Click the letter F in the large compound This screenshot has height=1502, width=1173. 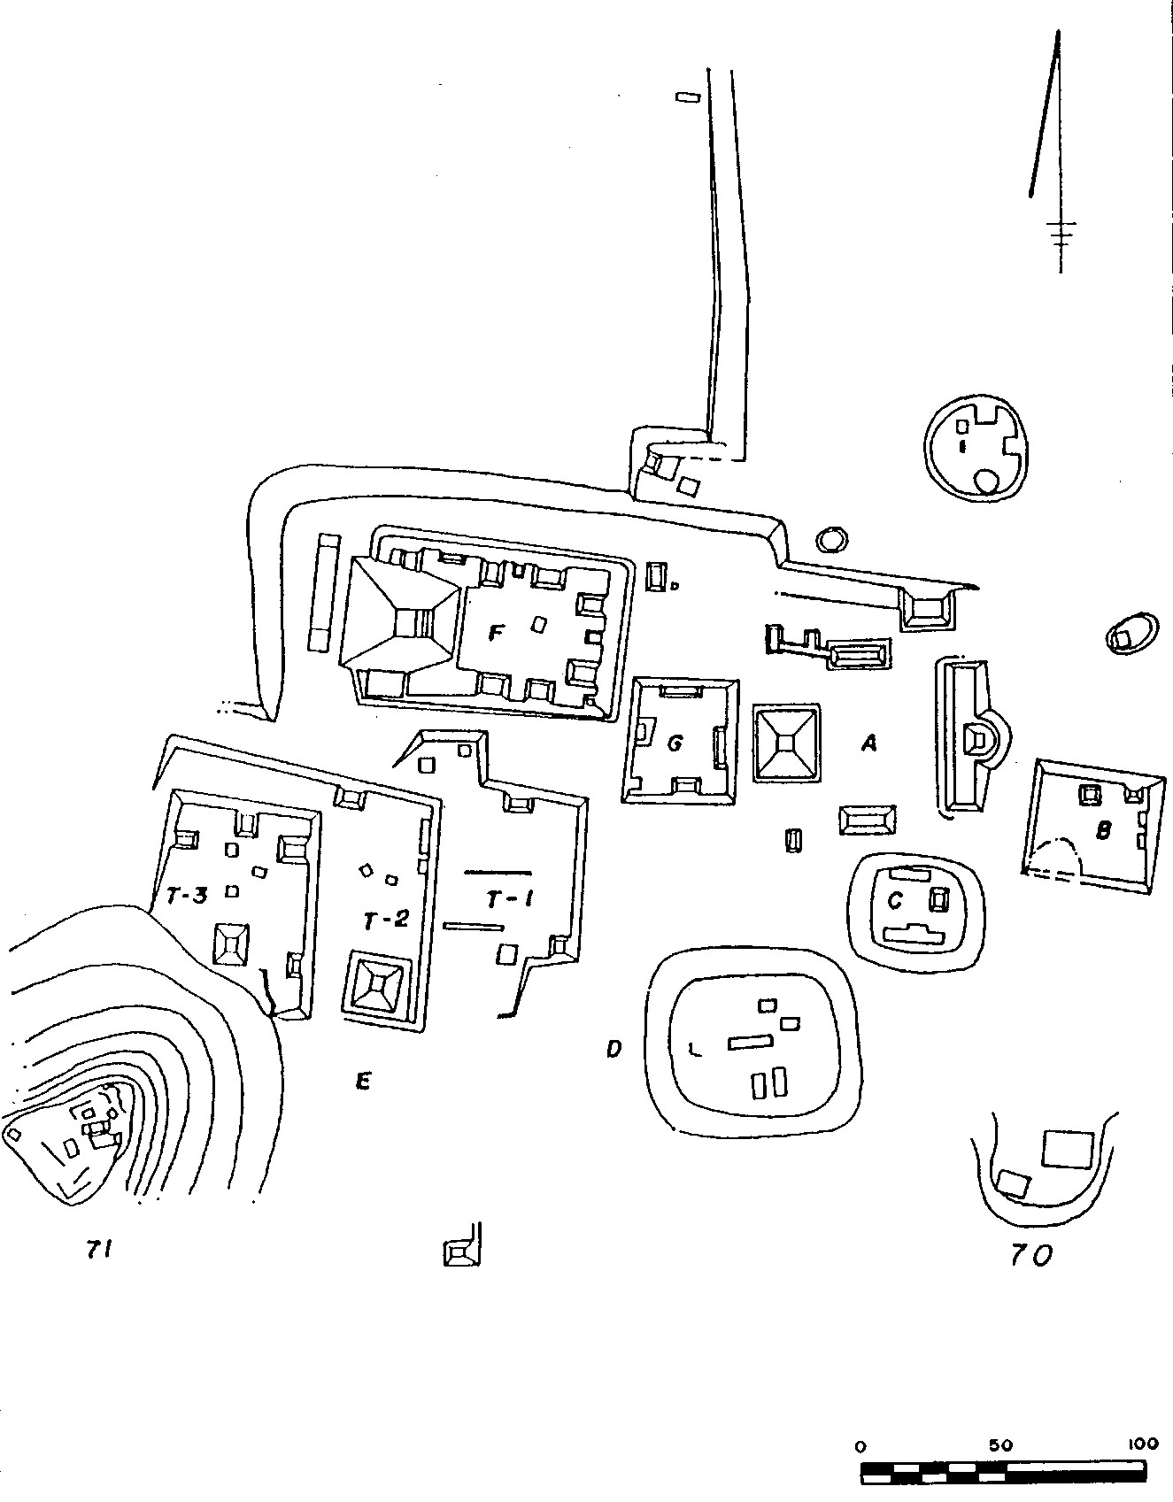pos(496,634)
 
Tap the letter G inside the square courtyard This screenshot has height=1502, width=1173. pos(675,743)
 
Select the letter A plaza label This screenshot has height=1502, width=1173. pos(869,744)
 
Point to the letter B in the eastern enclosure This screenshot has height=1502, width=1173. pos(1103,831)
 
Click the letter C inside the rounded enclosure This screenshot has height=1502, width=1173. pos(895,901)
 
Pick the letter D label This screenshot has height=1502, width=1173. pos(614,1050)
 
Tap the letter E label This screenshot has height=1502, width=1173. pos(362,1081)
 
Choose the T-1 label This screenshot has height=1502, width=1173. pos(509,900)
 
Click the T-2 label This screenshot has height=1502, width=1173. pos(385,920)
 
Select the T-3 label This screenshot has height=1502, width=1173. pos(187,896)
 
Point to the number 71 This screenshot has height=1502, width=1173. pos(97,1249)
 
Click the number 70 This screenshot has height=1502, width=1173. pos(1031,1255)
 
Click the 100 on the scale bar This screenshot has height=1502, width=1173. pos(1142,1444)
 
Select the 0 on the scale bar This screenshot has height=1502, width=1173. pos(860,1446)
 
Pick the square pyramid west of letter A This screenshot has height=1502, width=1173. pos(786,743)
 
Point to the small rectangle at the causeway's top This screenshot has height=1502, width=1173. pos(688,97)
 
